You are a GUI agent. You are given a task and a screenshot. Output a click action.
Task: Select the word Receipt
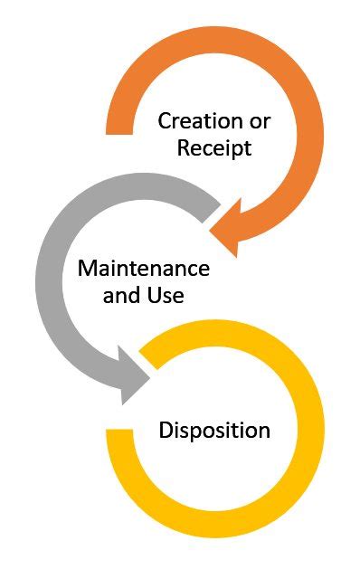tap(213, 147)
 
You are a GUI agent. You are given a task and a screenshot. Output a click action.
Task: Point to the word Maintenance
tap(143, 269)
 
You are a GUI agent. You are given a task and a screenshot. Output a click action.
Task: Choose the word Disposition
tap(214, 430)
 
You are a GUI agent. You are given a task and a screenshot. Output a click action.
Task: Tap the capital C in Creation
tap(165, 120)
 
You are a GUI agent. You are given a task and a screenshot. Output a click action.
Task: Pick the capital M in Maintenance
tap(87, 269)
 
